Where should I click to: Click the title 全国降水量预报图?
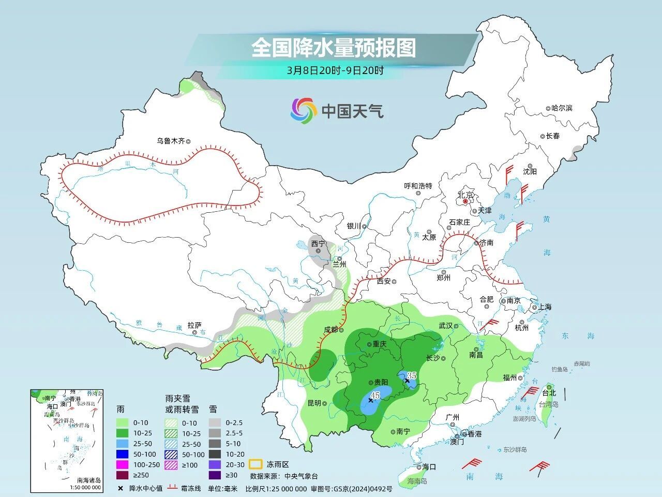click(334, 49)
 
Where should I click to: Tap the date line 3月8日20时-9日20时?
click(335, 71)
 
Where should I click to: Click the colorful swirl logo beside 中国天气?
click(303, 111)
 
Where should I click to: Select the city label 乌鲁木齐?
click(171, 140)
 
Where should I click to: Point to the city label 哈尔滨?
click(562, 108)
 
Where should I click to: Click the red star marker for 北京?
click(465, 201)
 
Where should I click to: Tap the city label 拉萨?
click(194, 325)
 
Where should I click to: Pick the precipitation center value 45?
click(376, 395)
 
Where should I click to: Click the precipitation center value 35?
click(412, 375)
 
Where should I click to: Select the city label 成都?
click(330, 329)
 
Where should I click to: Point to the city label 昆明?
click(314, 403)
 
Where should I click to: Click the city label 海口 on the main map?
click(429, 466)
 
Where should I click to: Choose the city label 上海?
click(545, 306)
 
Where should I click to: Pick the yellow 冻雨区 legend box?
click(255, 464)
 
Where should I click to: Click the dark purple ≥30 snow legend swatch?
click(215, 475)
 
